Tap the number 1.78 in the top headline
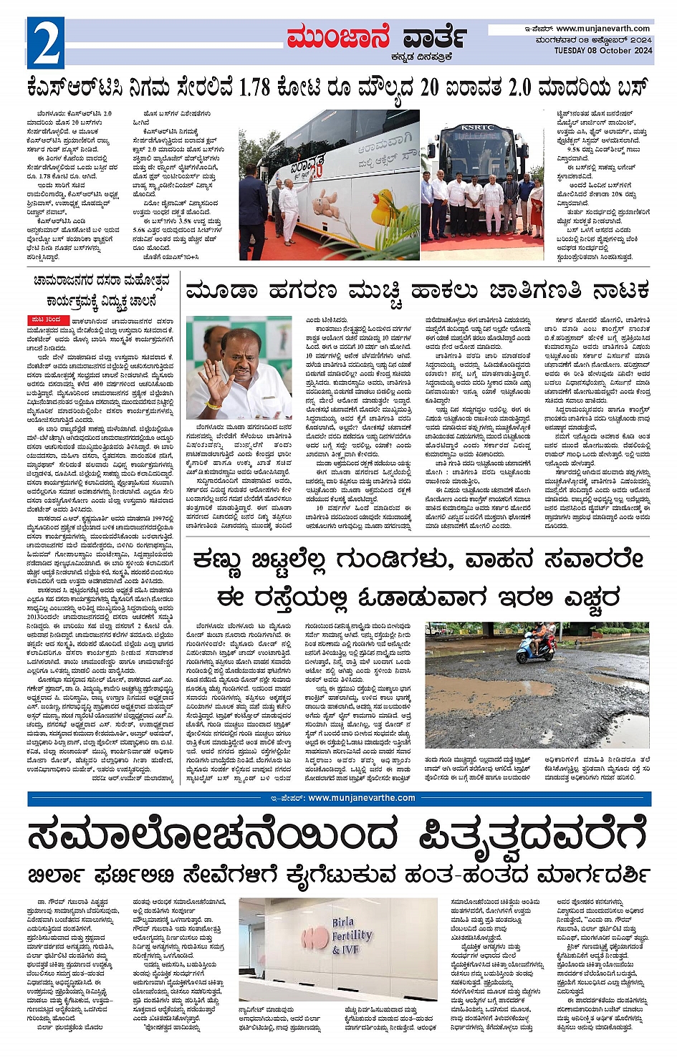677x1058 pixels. (255, 88)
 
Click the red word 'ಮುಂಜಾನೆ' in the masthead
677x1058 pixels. (338, 37)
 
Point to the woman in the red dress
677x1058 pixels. (537, 207)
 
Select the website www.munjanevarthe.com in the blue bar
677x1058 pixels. (361, 798)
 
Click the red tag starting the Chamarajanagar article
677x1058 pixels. (49, 319)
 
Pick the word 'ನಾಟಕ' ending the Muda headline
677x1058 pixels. (620, 291)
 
